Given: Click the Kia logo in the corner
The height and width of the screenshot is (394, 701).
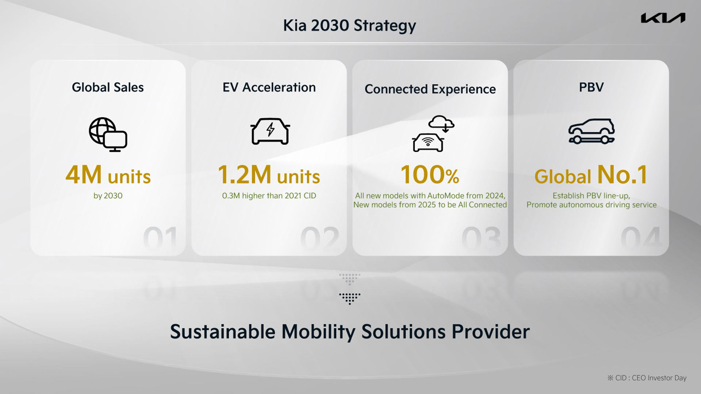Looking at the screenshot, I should click(x=663, y=18).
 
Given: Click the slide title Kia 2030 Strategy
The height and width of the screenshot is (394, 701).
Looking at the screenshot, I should click(x=349, y=26).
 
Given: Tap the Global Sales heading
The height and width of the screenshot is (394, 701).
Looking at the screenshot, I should click(x=108, y=88).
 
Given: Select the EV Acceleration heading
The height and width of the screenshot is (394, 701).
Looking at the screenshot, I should click(x=269, y=88).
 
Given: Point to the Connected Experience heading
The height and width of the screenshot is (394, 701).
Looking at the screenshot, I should click(x=430, y=89).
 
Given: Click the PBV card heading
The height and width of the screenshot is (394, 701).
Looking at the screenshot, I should click(x=591, y=87).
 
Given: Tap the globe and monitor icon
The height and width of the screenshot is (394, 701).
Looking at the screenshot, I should click(x=108, y=134).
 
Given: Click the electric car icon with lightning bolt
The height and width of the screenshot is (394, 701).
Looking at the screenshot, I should click(x=270, y=131).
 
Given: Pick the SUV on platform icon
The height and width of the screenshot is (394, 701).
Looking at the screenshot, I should click(x=591, y=131).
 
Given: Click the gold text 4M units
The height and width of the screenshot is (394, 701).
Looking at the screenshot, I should click(x=108, y=175).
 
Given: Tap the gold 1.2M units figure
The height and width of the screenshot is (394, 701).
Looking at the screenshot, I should click(x=269, y=175).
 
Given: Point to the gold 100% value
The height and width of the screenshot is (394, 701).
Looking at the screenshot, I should click(x=430, y=175).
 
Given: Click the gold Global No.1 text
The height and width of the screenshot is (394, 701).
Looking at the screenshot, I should click(x=591, y=175).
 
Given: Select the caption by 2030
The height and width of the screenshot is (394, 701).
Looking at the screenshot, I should click(x=108, y=196).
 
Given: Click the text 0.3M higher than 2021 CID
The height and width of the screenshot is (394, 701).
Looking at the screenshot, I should click(x=269, y=196).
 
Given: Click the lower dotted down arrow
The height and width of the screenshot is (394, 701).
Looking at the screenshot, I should click(x=349, y=298).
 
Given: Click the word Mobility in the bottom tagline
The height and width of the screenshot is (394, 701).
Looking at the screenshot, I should click(x=318, y=332).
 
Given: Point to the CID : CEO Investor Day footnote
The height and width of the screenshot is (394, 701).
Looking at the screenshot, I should click(x=647, y=378).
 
